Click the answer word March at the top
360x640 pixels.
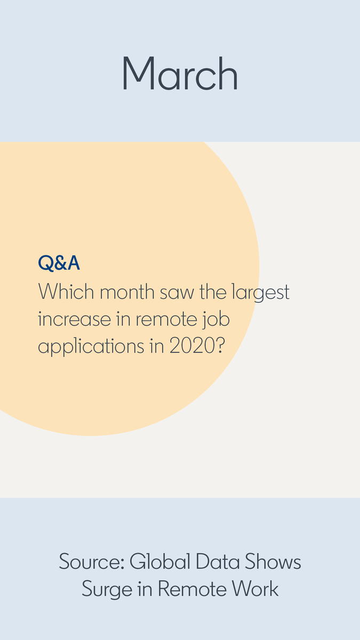click(x=180, y=74)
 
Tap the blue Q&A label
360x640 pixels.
click(x=59, y=263)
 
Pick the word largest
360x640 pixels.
click(x=260, y=293)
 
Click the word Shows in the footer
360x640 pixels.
click(x=273, y=562)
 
